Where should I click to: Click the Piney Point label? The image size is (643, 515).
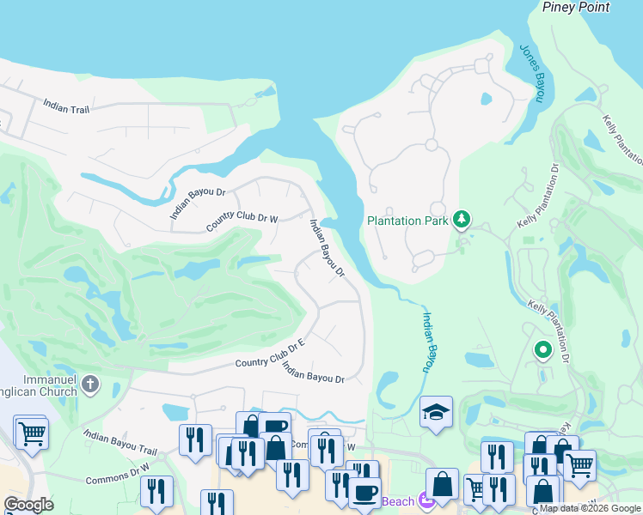click(x=575, y=7)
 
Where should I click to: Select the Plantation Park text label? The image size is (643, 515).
click(x=407, y=221)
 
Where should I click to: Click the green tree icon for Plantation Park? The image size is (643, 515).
click(x=462, y=220)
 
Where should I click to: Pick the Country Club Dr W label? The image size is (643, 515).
click(x=242, y=223)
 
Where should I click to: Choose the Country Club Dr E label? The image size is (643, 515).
click(x=271, y=355)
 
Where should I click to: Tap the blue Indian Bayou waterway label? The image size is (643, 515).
click(x=427, y=341)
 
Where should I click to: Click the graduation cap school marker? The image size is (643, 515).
click(x=436, y=411)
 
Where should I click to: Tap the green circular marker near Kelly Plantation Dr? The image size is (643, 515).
click(x=542, y=349)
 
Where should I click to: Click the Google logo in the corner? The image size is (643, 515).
click(x=28, y=505)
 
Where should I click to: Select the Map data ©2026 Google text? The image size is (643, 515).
click(x=591, y=508)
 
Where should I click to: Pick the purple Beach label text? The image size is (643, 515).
click(x=398, y=501)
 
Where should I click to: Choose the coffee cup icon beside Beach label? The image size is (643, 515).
click(x=364, y=493)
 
